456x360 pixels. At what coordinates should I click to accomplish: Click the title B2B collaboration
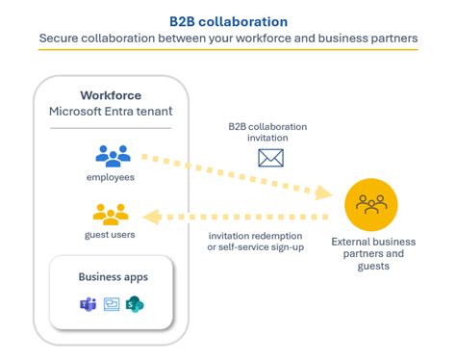pyautogui.click(x=228, y=19)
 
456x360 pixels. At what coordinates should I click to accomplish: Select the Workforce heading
pyautogui.click(x=111, y=96)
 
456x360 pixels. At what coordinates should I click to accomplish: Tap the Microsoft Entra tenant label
pyautogui.click(x=111, y=113)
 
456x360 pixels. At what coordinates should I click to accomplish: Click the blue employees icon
pyautogui.click(x=112, y=156)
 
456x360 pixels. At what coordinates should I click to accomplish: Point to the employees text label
pyautogui.click(x=112, y=177)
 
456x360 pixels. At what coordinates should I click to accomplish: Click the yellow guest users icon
pyautogui.click(x=112, y=214)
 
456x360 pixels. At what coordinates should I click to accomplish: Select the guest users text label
pyautogui.click(x=112, y=234)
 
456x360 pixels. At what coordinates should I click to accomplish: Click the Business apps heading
pyautogui.click(x=112, y=277)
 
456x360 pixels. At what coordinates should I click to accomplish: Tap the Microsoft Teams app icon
pyautogui.click(x=88, y=304)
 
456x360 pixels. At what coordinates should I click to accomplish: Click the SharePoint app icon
pyautogui.click(x=136, y=304)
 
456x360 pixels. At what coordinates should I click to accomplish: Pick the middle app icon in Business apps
pyautogui.click(x=112, y=304)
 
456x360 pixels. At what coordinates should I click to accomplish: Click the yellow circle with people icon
pyautogui.click(x=371, y=204)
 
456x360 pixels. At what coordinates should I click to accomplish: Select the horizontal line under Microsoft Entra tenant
pyautogui.click(x=111, y=127)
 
